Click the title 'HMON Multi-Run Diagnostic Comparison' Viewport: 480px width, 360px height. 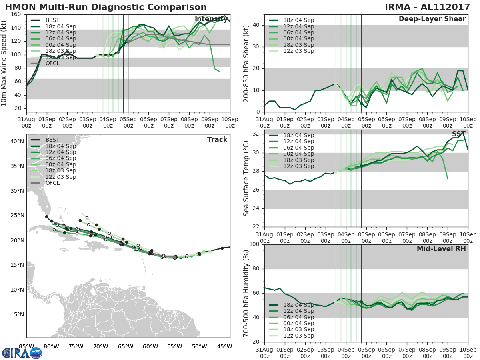click(106, 7)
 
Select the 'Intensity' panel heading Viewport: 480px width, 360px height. click(211, 19)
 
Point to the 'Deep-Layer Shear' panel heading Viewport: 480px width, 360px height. click(432, 19)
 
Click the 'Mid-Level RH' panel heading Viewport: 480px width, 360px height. click(441, 249)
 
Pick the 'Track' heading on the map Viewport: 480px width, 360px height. click(217, 140)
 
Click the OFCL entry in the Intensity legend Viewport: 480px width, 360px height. click(52, 63)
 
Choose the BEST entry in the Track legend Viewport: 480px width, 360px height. click(52, 140)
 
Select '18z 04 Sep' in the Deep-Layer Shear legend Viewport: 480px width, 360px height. click(298, 20)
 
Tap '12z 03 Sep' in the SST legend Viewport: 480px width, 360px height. click(298, 166)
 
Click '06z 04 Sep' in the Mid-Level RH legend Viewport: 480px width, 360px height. click(298, 317)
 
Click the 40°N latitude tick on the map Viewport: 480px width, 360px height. click(17, 141)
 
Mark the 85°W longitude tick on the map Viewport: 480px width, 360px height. click(26, 346)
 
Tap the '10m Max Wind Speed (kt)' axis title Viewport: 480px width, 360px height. click(4, 61)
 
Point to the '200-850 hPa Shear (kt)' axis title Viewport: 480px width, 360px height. click(247, 63)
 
